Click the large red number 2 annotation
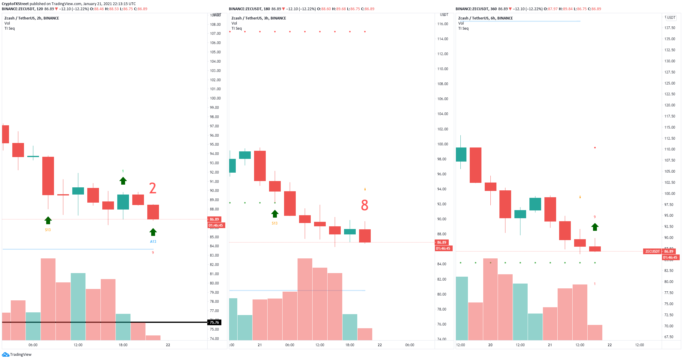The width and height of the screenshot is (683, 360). pyautogui.click(x=153, y=188)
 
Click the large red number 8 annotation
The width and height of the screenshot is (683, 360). pyautogui.click(x=364, y=205)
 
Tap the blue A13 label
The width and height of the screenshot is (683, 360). pyautogui.click(x=153, y=242)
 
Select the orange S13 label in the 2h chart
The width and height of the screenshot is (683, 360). pyautogui.click(x=48, y=230)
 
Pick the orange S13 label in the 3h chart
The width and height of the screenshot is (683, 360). pyautogui.click(x=275, y=223)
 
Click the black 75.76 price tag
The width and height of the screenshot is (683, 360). pyautogui.click(x=214, y=323)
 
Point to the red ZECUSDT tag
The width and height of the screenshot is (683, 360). pyautogui.click(x=652, y=251)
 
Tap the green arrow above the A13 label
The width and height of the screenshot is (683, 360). pyautogui.click(x=153, y=232)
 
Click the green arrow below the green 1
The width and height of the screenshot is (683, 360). pyautogui.click(x=123, y=181)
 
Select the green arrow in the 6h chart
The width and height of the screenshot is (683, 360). pyautogui.click(x=595, y=227)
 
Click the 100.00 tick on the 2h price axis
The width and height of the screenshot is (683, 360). pyautogui.click(x=215, y=98)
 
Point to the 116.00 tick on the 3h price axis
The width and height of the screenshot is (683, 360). pyautogui.click(x=442, y=24)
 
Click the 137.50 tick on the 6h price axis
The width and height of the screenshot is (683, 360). pyautogui.click(x=670, y=28)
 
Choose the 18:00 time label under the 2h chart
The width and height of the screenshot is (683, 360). pyautogui.click(x=123, y=345)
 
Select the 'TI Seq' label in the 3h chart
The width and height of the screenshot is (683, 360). pyautogui.click(x=236, y=28)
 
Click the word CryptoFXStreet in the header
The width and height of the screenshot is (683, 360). pyautogui.click(x=15, y=4)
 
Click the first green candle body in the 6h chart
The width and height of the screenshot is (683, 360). pyautogui.click(x=461, y=154)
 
